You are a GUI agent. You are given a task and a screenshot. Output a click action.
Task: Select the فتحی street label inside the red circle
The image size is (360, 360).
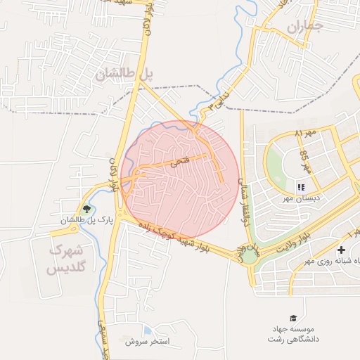[181, 162]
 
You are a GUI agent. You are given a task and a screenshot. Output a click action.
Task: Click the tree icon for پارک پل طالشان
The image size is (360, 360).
[87, 209]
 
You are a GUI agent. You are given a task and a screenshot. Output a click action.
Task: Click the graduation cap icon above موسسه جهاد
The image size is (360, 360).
[292, 318]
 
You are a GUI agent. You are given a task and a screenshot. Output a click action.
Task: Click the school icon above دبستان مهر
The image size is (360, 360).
[301, 187]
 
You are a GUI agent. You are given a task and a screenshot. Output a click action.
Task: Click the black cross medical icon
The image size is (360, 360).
[341, 250]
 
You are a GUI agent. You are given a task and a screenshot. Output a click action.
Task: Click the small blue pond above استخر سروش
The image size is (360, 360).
[146, 330]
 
